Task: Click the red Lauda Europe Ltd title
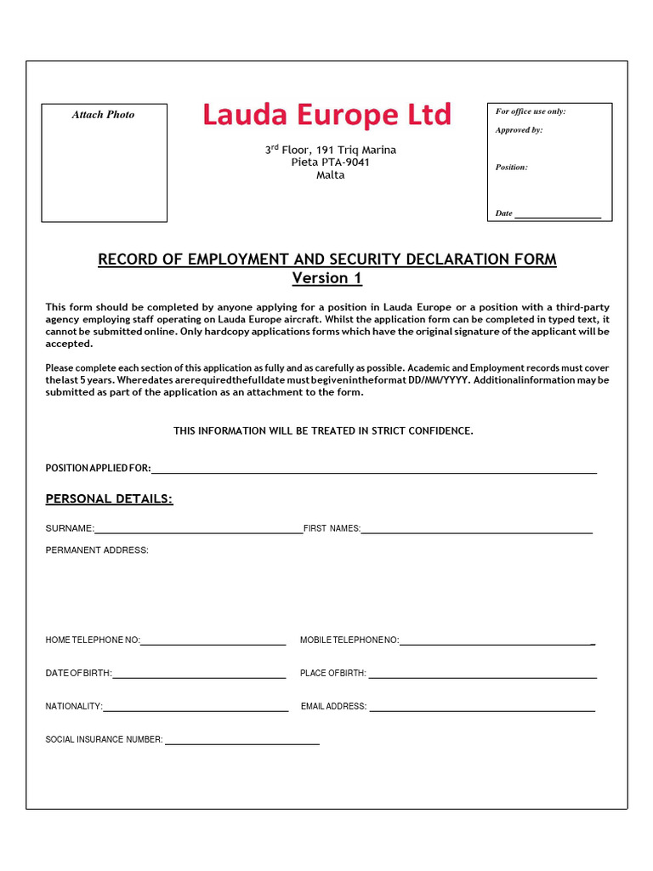(327, 115)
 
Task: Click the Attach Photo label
(103, 115)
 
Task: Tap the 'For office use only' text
(531, 111)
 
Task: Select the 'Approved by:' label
(519, 130)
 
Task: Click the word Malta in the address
(330, 175)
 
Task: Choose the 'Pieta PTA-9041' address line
(330, 162)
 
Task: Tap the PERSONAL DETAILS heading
(109, 498)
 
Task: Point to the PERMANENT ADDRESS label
(97, 550)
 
